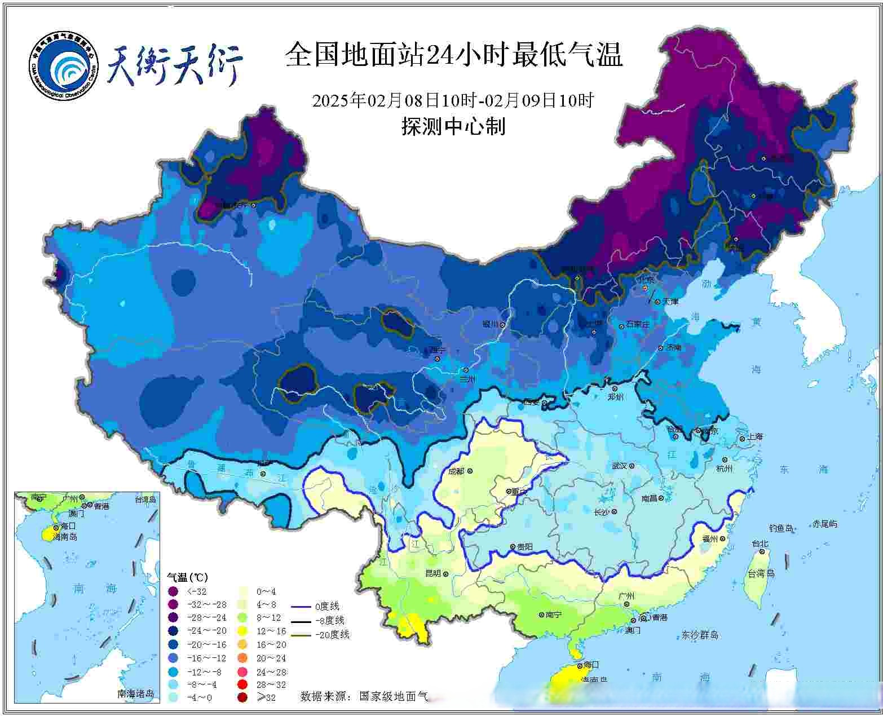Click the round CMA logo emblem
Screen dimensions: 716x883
[x=64, y=64]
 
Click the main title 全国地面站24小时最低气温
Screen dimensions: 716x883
[x=453, y=56]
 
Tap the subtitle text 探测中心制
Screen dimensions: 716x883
[x=453, y=126]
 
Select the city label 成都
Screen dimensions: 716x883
[x=457, y=471]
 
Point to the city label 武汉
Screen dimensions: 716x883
[x=619, y=466]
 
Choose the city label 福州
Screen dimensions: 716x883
[x=709, y=539]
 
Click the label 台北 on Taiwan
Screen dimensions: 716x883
[x=760, y=544]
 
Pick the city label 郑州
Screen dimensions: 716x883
[x=616, y=397]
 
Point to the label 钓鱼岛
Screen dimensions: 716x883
[x=781, y=529]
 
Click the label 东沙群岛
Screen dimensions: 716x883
[x=700, y=635]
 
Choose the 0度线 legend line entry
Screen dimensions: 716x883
[x=316, y=607]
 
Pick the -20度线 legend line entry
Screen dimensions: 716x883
[x=321, y=635]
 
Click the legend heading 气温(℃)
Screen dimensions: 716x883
[x=187, y=577]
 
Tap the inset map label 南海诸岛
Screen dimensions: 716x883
[x=135, y=693]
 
